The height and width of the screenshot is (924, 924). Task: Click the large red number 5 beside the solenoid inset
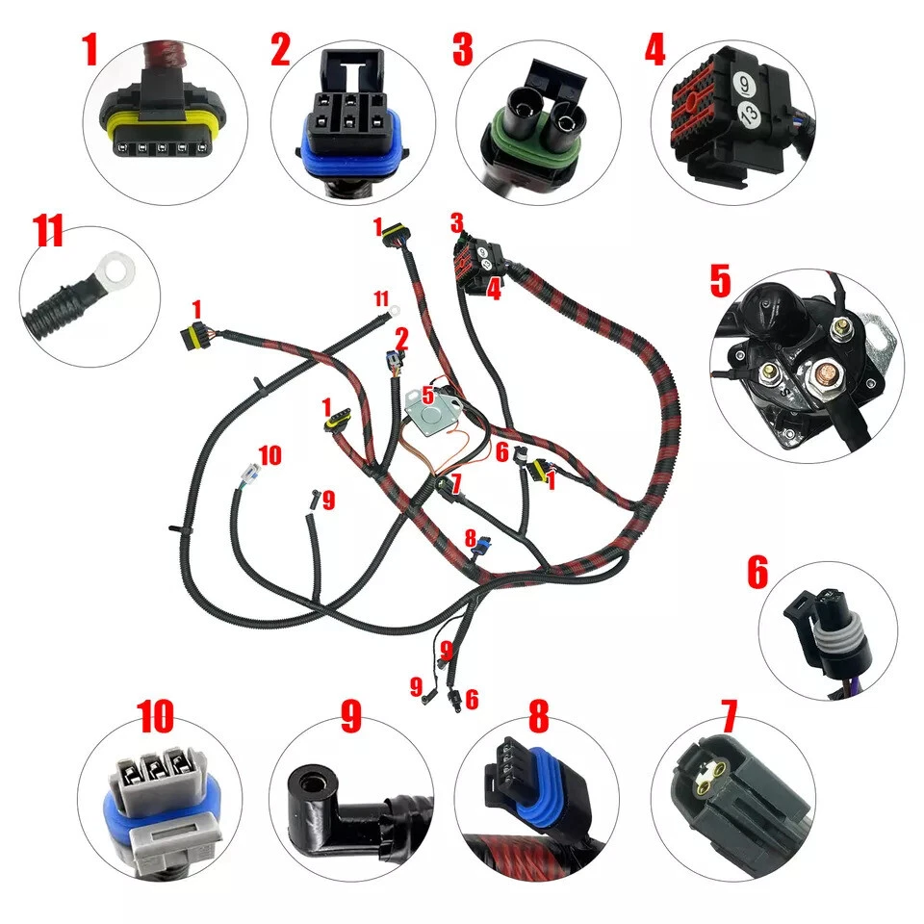(721, 280)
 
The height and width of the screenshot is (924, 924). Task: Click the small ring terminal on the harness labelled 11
(394, 311)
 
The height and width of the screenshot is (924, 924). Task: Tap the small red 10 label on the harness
(270, 454)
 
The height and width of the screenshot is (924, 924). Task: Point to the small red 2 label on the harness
(401, 337)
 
